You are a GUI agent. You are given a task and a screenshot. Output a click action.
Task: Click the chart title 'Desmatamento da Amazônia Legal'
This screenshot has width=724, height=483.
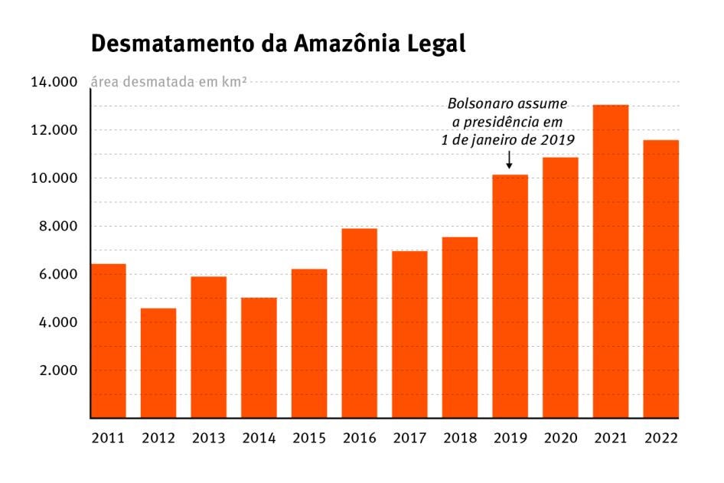pyautogui.click(x=279, y=44)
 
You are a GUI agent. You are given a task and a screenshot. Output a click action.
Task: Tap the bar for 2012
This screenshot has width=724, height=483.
pyautogui.click(x=158, y=364)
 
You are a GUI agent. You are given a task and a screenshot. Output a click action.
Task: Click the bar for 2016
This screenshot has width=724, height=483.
pyautogui.click(x=360, y=323)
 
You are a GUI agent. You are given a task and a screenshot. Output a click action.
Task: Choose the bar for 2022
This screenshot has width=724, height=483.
pyautogui.click(x=660, y=279)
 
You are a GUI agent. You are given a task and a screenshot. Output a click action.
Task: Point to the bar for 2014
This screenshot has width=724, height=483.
pyautogui.click(x=259, y=358)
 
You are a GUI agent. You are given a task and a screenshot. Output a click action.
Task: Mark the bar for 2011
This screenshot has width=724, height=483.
pyautogui.click(x=108, y=341)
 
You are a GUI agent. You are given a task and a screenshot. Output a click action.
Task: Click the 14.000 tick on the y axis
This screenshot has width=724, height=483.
pyautogui.click(x=54, y=83)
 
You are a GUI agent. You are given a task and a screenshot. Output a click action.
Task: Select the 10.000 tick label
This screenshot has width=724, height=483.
pyautogui.click(x=54, y=178)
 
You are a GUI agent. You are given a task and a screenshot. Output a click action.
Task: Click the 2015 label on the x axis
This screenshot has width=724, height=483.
pyautogui.click(x=309, y=439)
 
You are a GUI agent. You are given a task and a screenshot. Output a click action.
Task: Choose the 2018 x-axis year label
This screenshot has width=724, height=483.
pyautogui.click(x=460, y=439)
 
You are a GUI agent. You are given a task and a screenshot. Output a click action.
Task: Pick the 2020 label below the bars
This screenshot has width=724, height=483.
pyautogui.click(x=560, y=439)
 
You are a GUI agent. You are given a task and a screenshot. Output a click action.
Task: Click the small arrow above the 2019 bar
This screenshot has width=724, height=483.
pyautogui.click(x=510, y=160)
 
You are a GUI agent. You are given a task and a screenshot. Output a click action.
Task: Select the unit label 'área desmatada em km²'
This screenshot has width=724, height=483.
pyautogui.click(x=168, y=83)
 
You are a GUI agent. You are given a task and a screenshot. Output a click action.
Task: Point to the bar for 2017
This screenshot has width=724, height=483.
pyautogui.click(x=409, y=335)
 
